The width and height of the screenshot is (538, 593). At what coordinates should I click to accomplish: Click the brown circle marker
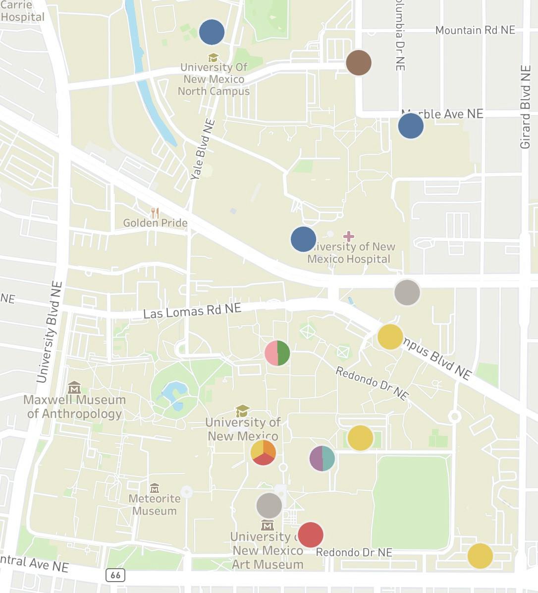(x=359, y=62)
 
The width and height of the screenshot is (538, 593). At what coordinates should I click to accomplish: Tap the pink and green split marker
(x=277, y=353)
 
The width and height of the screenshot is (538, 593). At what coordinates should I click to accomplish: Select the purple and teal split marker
(x=322, y=458)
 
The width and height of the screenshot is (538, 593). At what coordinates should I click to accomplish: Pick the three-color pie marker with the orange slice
(x=263, y=452)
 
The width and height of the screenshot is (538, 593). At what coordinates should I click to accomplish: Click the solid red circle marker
(x=311, y=534)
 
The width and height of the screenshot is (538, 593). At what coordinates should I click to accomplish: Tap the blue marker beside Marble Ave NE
(x=411, y=125)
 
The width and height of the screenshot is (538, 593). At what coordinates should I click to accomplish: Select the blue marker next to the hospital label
(x=303, y=239)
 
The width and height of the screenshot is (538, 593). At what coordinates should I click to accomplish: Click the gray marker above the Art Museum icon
(x=269, y=506)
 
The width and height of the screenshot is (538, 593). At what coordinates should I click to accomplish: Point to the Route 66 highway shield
(x=115, y=575)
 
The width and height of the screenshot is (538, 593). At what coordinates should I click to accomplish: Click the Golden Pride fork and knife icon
(x=155, y=213)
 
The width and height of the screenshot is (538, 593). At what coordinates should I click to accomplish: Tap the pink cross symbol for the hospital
(x=348, y=236)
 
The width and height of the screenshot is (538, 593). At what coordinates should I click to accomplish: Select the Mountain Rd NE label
(x=475, y=30)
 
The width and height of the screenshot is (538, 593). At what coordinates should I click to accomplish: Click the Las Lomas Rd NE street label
(x=192, y=311)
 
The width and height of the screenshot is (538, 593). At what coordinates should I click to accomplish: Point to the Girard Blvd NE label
(x=525, y=107)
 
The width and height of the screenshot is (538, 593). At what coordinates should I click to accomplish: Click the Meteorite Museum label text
(x=154, y=505)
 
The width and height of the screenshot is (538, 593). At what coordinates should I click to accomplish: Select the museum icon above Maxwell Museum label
(x=74, y=387)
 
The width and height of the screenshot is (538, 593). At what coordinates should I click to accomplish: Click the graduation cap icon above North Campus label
(x=213, y=58)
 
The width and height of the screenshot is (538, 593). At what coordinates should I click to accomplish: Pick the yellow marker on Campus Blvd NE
(x=390, y=337)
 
